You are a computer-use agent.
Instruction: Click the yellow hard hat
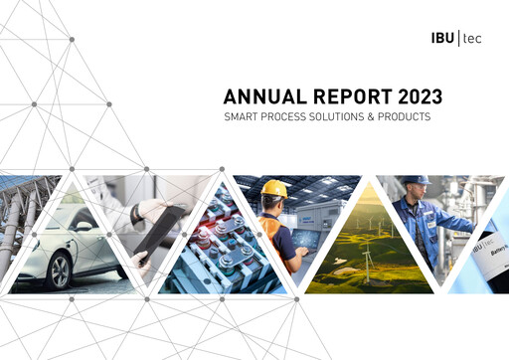click(x=275, y=188)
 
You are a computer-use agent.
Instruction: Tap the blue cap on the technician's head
click(x=418, y=180)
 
